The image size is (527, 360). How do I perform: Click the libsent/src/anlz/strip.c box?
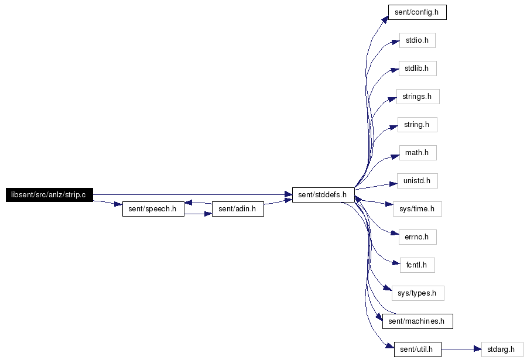49,195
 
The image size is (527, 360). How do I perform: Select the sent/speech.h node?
153,209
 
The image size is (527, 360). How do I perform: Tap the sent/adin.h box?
238,209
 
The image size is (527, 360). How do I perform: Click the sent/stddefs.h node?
323,195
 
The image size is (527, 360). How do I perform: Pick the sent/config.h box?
418,12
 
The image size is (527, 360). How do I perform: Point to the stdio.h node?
418,40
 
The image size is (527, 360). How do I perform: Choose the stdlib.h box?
418,68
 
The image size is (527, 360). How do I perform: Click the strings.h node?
418,97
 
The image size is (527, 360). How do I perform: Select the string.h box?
418,125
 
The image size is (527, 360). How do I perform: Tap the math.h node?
418,153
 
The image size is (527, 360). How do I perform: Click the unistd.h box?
418,181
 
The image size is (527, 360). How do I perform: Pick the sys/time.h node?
418,209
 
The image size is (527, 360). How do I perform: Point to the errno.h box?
418,237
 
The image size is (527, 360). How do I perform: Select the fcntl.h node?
418,265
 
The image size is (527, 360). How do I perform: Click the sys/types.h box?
418,293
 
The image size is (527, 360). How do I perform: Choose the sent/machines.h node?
418,321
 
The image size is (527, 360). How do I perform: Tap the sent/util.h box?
418,349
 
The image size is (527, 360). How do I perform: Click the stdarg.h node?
502,349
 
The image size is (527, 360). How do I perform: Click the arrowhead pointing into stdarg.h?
478,349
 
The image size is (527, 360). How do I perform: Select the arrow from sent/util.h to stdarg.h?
461,349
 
